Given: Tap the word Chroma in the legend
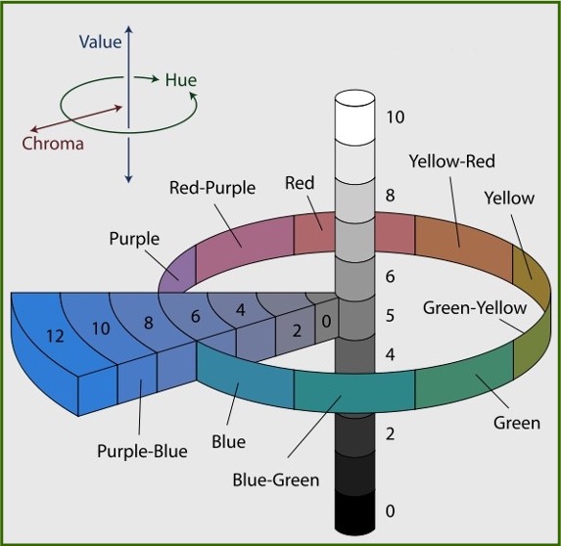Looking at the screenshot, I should (x=53, y=144).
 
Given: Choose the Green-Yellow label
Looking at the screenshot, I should (x=474, y=307).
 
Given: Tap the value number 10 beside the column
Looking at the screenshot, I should (x=396, y=117).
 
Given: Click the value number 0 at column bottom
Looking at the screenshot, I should (x=391, y=511).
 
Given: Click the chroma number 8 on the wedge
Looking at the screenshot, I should (x=149, y=320).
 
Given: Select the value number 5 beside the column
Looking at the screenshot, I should (x=390, y=315).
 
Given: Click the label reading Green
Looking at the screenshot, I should (x=517, y=424).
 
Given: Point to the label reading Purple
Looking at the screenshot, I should (x=136, y=237).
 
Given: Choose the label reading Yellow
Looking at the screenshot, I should (x=509, y=198).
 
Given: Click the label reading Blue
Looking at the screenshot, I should (x=230, y=441).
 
